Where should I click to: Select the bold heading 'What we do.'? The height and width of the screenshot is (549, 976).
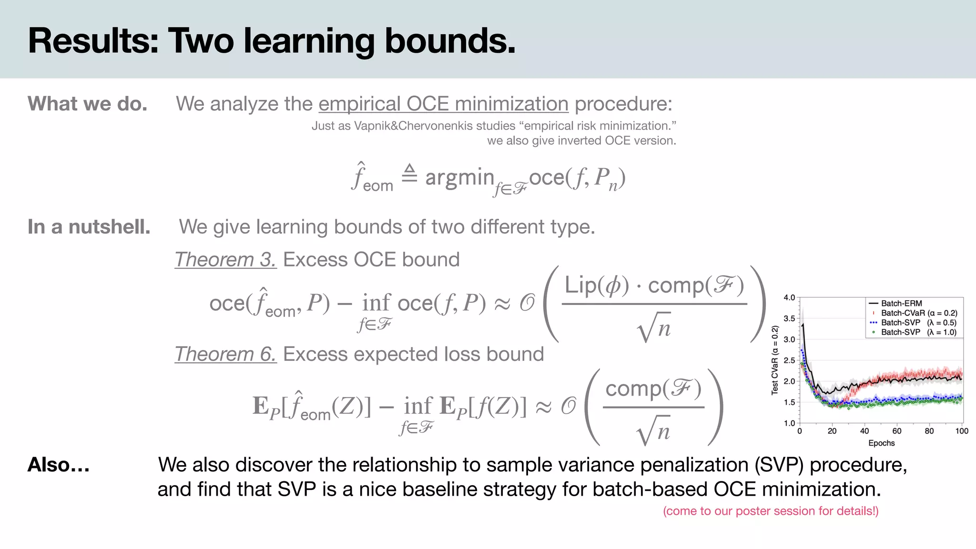pos(88,104)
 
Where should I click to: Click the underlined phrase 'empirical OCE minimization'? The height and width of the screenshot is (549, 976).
pos(443,104)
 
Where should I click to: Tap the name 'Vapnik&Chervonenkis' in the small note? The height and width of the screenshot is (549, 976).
pos(435,126)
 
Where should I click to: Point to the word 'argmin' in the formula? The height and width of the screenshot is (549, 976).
pos(459,177)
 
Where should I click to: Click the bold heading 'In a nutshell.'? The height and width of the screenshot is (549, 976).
pos(89,227)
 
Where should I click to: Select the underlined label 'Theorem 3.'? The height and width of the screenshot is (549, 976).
pos(225,260)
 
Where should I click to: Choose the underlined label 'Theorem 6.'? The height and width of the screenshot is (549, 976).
pos(225,354)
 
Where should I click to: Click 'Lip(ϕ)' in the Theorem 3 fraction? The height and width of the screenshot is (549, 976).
pos(597,285)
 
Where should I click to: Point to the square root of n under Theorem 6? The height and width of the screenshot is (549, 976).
pos(653,431)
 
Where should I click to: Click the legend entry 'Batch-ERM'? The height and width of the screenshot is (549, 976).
pos(901,304)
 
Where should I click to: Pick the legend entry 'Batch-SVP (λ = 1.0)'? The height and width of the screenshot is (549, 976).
pos(918,332)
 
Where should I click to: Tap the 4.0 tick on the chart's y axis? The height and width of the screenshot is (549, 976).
pos(789,298)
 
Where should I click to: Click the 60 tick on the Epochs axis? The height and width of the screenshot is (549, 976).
pos(897,431)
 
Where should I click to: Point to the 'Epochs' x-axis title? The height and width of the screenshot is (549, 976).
pos(881,443)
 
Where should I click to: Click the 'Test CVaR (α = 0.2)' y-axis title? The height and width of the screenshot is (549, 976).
pos(775,360)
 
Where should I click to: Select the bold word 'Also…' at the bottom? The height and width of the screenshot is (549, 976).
pos(59,465)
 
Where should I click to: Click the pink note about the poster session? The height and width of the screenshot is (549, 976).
pos(771,511)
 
